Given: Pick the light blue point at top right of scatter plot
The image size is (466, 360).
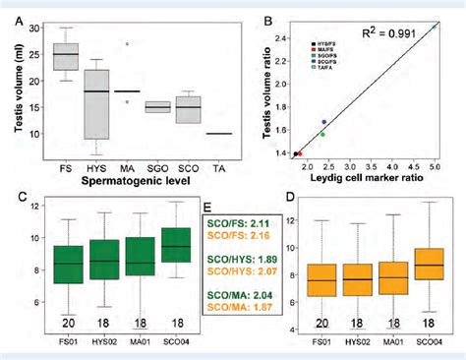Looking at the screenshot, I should coord(433,29).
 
